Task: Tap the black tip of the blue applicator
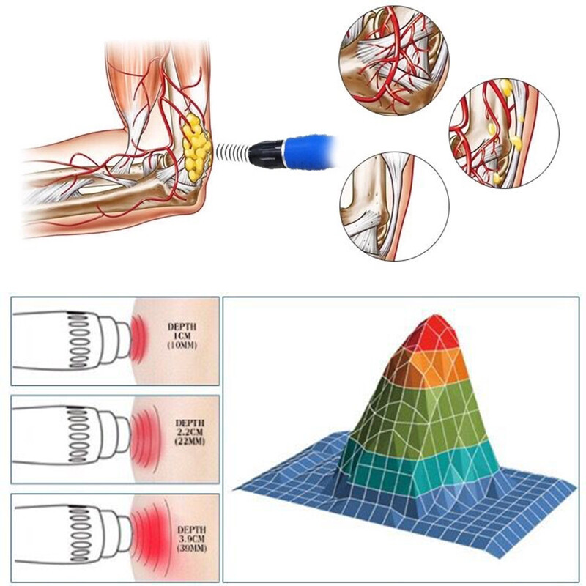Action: point(264,152)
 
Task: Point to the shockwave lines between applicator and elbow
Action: point(229,153)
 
